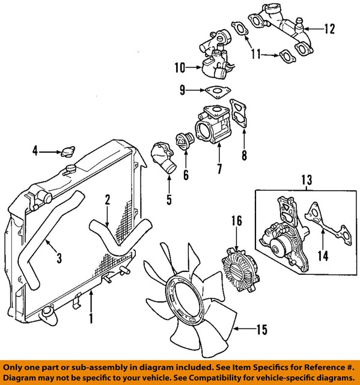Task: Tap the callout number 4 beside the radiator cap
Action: pos(34,151)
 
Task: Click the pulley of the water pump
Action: pos(278,245)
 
